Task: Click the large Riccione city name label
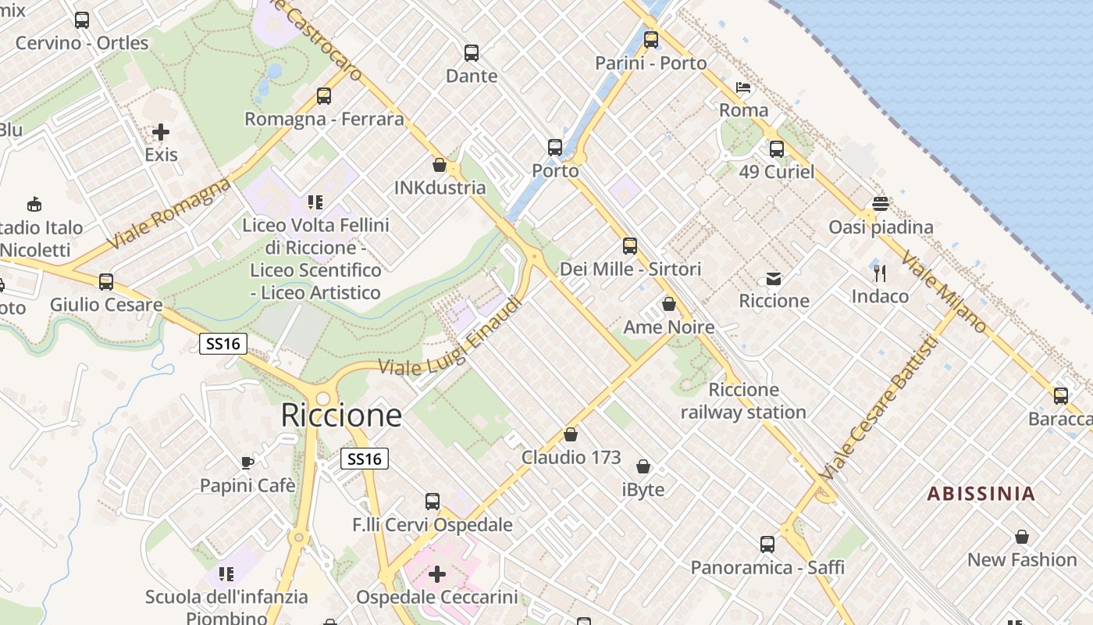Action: [x=341, y=416]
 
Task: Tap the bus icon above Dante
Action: [x=472, y=53]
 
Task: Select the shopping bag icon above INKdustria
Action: [x=440, y=165]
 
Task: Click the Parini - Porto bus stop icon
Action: [x=651, y=40]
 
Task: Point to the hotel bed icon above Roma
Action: [x=743, y=87]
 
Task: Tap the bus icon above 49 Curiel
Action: [x=777, y=149]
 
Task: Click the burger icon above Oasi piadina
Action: [x=881, y=205]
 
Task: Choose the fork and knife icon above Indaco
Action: [x=880, y=273]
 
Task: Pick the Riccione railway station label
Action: [x=743, y=401]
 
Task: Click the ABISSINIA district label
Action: [x=981, y=494]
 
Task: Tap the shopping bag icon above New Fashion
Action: [x=1022, y=537]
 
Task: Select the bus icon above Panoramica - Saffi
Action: [x=767, y=545]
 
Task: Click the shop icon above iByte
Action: [x=643, y=467]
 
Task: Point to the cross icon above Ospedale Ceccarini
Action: [x=437, y=574]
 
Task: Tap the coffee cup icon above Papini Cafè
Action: [x=247, y=462]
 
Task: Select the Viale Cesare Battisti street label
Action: [x=879, y=408]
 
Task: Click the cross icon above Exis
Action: [x=161, y=132]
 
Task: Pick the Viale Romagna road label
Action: [x=170, y=212]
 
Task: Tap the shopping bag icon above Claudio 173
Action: [x=571, y=434]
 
